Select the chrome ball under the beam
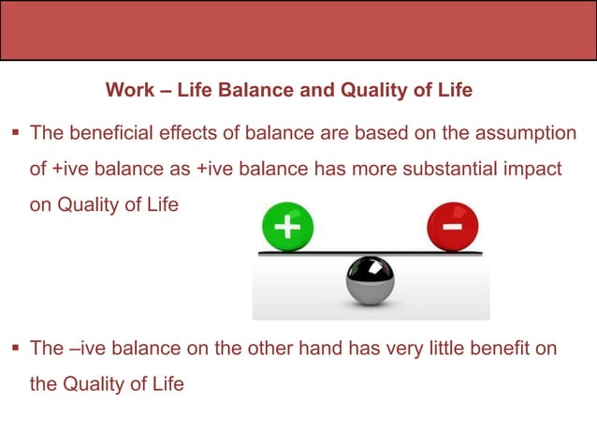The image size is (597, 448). (370, 281)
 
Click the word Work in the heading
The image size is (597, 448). (125, 91)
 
